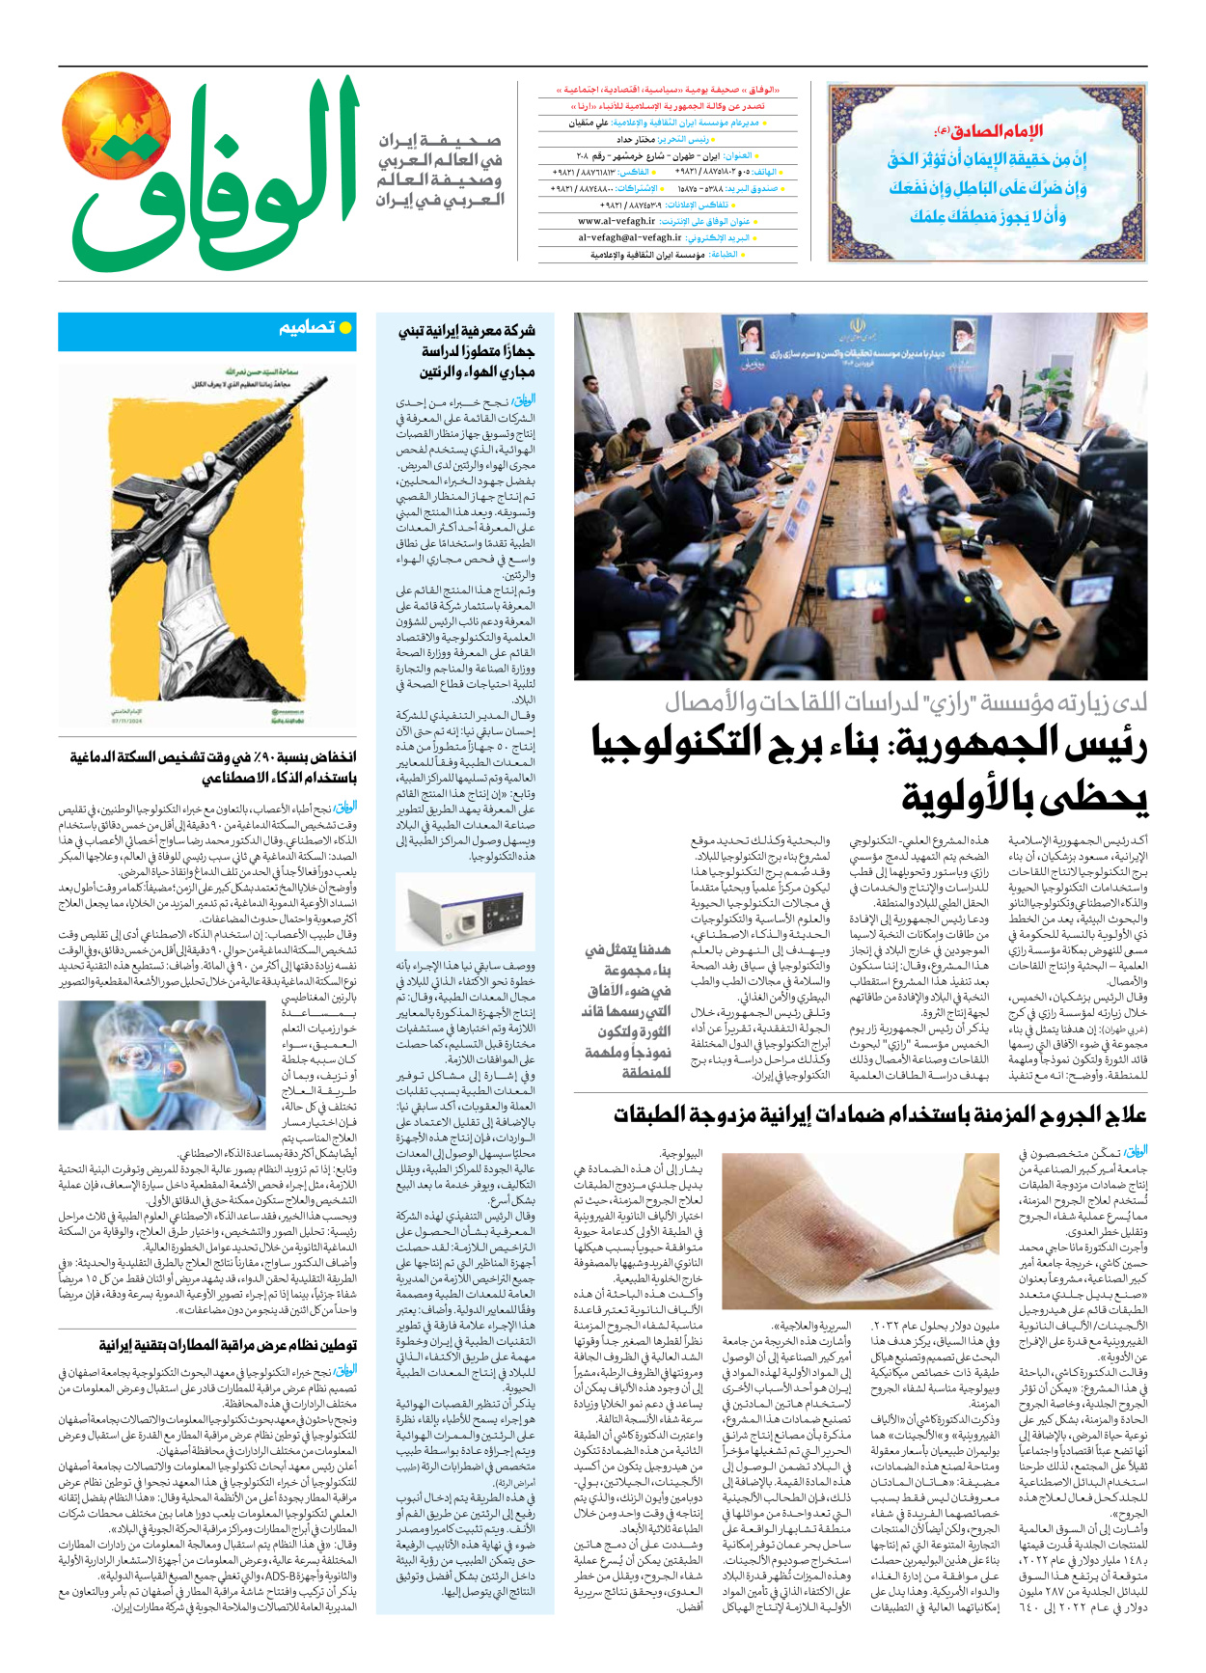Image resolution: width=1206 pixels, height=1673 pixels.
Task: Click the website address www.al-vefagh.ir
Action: [617, 221]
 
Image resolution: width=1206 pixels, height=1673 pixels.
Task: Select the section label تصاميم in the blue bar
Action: [308, 328]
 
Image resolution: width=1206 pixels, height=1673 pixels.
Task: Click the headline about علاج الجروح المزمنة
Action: [880, 1115]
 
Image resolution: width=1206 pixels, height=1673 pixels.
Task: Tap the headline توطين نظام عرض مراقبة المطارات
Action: [228, 1345]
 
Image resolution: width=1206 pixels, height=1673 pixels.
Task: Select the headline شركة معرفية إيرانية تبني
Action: [466, 351]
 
